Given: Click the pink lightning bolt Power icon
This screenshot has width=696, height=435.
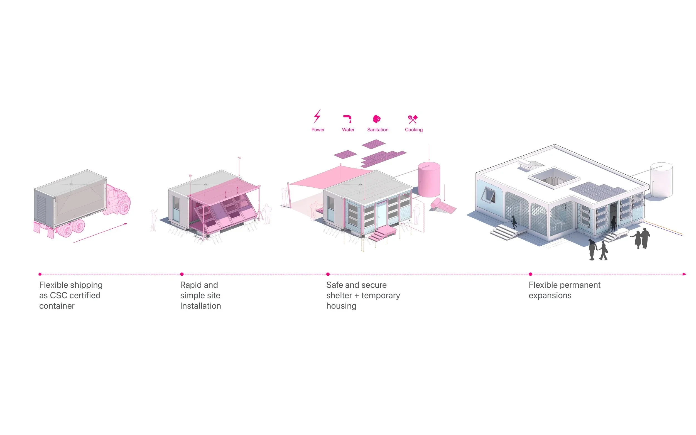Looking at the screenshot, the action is point(317,116).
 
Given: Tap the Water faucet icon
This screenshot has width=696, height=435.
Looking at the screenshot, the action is point(347,119).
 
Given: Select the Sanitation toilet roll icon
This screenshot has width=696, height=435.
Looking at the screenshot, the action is point(377,119).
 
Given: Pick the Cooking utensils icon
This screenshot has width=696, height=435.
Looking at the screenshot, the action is point(413,119).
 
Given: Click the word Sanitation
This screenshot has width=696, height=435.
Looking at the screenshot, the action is point(378,130).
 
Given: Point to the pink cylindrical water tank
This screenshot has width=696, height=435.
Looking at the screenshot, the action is point(429,180).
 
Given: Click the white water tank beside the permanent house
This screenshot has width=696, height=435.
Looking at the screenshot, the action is point(661,180).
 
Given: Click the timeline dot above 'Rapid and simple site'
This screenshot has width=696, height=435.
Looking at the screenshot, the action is point(182,274).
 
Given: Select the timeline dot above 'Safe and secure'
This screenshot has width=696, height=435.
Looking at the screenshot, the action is point(328,274).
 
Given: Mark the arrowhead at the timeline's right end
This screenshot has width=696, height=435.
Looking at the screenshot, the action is point(685,274).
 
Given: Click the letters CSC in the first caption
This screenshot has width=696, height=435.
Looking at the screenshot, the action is point(58,295).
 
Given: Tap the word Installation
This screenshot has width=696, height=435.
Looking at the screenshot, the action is point(200,306).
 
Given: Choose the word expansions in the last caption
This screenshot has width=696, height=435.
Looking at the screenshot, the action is point(550,295).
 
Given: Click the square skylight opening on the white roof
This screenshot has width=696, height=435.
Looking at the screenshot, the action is point(554,177).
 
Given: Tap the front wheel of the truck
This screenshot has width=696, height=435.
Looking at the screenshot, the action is point(124,207).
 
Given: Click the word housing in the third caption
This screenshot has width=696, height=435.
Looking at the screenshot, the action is point(341,306).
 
